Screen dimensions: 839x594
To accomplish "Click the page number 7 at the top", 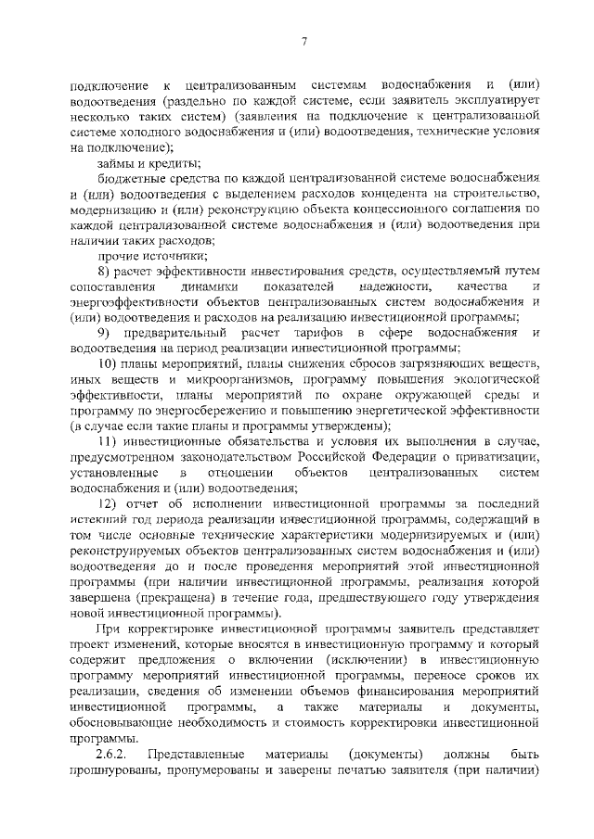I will tap(303, 41).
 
